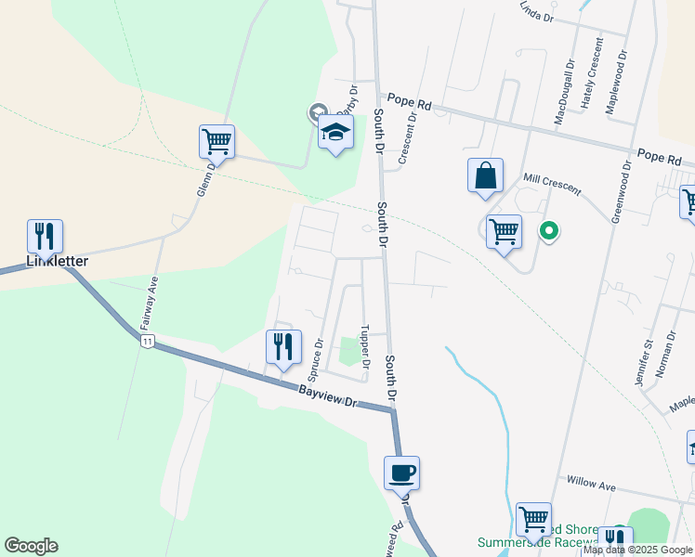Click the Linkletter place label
coord(57,262)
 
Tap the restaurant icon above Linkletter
coord(45,238)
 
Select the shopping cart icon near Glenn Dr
coord(216,143)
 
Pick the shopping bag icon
coord(485,175)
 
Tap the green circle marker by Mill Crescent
coord(549,230)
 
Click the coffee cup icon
coord(401,473)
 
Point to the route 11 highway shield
coord(147,342)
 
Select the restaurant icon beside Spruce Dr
coord(283,347)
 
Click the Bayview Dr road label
coord(328,397)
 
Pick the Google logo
coord(31,546)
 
